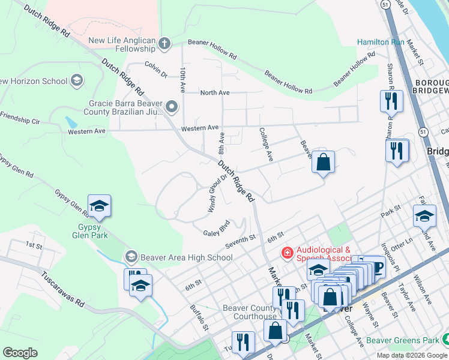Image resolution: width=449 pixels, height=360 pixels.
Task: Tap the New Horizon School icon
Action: pos(76,80)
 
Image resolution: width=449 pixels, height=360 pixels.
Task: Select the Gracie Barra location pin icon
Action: pos(172,107)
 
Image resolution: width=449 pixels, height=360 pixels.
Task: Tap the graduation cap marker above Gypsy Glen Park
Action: pos(99,206)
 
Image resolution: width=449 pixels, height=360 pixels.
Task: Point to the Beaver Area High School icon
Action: pos(130,257)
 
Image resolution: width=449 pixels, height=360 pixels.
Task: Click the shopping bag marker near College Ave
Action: pos(323,162)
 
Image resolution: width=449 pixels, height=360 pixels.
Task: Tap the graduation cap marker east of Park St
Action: pos(424,216)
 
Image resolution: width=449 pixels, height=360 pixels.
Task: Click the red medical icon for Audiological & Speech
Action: pos(288,254)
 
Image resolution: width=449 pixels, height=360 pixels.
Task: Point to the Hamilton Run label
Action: pos(381,42)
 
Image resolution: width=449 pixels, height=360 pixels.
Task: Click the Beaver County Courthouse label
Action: pos(249,312)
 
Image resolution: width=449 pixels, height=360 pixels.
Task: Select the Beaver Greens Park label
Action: pos(406,340)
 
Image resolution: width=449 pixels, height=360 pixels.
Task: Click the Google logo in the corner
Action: pos(20,353)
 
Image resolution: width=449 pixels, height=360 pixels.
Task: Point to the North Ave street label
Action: pos(215,92)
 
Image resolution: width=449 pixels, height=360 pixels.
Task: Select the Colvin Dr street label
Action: pos(155,70)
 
